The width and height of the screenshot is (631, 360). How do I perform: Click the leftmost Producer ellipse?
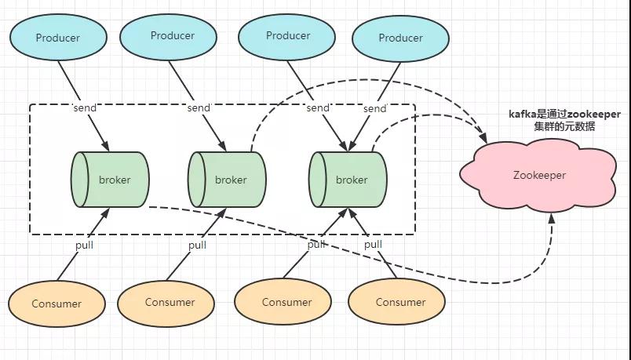click(58, 38)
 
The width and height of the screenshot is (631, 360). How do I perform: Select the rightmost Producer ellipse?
click(400, 38)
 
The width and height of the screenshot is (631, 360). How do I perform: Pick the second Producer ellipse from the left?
click(168, 37)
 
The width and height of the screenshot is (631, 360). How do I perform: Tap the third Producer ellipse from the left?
click(287, 37)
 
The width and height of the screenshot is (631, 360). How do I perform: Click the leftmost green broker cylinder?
click(110, 180)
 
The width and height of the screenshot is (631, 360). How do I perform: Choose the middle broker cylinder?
click(227, 180)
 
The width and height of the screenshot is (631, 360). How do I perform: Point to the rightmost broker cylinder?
click(348, 180)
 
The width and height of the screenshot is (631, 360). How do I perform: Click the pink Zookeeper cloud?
click(538, 176)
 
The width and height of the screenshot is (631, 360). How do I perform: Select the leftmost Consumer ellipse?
click(57, 304)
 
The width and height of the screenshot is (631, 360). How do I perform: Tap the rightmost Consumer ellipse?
click(397, 302)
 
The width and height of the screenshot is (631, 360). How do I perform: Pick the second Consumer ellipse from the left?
click(166, 304)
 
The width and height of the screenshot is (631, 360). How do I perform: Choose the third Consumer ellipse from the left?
click(283, 302)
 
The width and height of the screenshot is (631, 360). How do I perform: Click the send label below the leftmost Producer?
click(85, 107)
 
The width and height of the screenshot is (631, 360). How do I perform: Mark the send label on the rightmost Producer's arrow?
click(374, 108)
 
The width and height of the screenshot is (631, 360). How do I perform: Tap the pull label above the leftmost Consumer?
click(85, 245)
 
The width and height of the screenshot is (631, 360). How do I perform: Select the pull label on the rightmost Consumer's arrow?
click(373, 244)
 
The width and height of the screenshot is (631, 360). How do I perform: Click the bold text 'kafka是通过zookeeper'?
click(564, 115)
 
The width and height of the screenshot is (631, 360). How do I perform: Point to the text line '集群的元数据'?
click(564, 126)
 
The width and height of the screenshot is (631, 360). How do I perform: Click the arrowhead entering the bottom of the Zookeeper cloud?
click(551, 218)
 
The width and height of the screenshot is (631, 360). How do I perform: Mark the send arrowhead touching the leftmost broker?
click(104, 146)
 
